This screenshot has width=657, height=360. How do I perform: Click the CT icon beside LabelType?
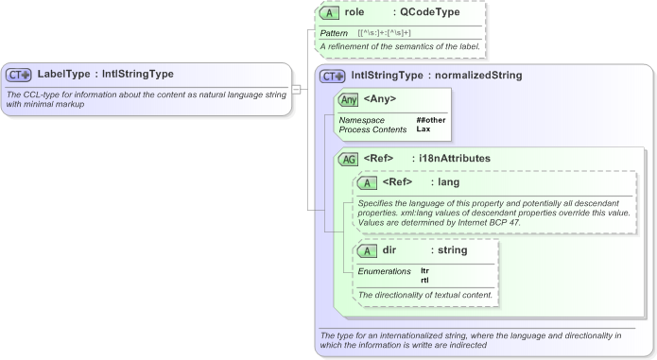pos(19,75)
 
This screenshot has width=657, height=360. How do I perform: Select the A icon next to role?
pos(329,14)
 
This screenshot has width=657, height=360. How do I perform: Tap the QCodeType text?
pos(432,14)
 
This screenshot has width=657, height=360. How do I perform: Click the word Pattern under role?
pos(334,33)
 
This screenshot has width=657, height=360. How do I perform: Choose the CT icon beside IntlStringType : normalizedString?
pos(333,76)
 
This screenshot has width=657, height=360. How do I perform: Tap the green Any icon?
pos(349,98)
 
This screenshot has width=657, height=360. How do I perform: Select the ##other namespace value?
pos(431,120)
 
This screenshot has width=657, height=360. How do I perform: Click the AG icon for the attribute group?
pos(349,159)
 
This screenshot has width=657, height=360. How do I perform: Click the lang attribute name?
pos(449,182)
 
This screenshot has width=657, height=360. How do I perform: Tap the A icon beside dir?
pos(368,251)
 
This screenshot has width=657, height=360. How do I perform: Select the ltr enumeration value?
pos(424,271)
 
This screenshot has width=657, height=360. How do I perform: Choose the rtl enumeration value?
pos(424,280)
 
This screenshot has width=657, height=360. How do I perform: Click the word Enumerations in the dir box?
pos(384,271)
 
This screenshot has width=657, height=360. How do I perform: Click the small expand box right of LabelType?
pos(296,90)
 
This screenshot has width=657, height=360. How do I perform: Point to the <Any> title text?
pos(381,98)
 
